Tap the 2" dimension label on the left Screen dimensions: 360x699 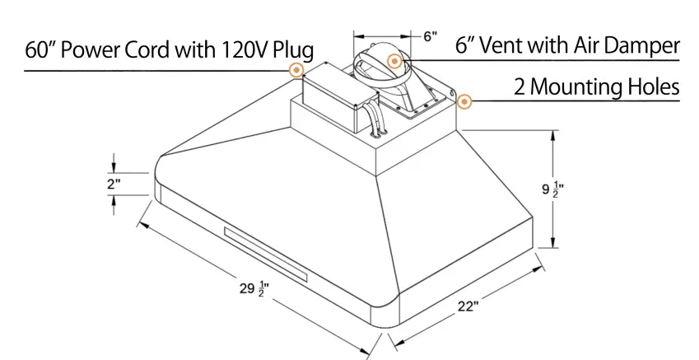(114, 184)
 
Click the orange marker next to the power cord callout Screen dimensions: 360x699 (296, 71)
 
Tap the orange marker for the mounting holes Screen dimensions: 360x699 (464, 103)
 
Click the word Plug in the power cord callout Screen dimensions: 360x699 (287, 50)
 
